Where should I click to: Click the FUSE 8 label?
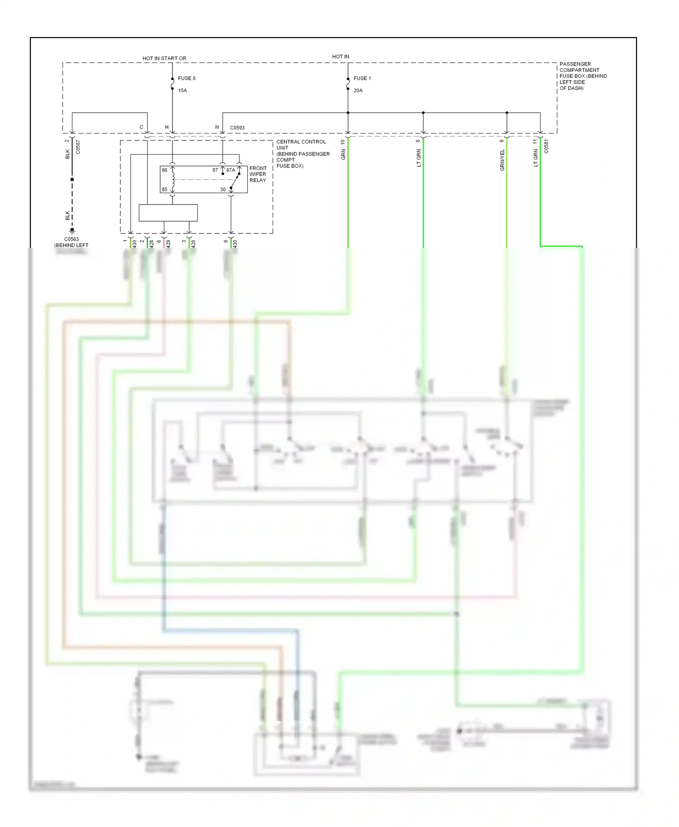186,78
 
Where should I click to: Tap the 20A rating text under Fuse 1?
358,90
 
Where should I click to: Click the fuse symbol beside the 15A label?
172,84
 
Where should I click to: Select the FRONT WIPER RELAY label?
258,174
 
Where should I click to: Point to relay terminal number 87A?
230,170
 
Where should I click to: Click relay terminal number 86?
164,170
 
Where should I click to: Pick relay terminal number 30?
223,190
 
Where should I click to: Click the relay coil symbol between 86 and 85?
172,180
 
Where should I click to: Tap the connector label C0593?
237,128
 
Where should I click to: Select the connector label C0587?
78,147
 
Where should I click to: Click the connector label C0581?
546,147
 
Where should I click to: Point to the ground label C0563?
71,239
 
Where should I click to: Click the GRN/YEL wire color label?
502,160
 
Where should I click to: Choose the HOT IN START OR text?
164,58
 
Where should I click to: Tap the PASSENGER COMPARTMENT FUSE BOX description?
583,76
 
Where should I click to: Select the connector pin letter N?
217,128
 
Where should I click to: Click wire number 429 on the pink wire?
168,243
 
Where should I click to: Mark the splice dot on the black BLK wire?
72,180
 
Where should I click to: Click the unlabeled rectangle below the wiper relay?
168,213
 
